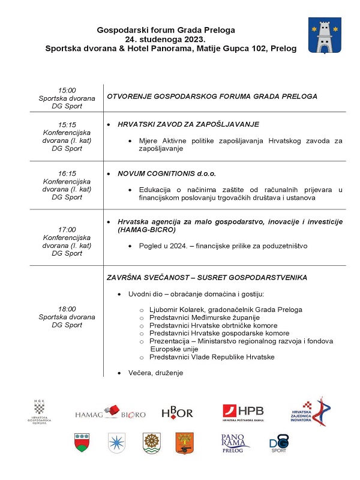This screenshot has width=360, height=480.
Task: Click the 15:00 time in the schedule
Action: point(67,90)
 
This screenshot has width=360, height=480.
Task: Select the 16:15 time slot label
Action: point(67,173)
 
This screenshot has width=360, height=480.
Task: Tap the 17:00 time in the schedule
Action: point(67,229)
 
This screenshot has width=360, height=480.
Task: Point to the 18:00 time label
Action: point(67,308)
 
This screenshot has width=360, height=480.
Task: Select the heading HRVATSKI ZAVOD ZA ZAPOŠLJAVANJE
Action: point(188,124)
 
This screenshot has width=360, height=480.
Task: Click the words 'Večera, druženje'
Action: point(155,373)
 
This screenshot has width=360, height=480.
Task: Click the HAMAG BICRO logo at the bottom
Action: point(110,413)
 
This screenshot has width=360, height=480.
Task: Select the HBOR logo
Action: point(178,413)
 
